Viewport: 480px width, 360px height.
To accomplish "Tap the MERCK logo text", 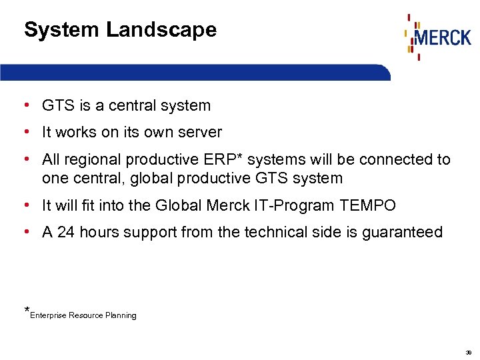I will coord(443,37).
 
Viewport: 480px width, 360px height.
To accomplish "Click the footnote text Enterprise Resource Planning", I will coord(83,315).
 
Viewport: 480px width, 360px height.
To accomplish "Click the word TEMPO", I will coord(367,206).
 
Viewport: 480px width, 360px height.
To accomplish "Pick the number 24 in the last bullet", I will coord(66,232).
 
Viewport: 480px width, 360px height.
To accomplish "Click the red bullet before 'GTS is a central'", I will coord(25,105).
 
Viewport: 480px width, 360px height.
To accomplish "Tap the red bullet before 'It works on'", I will coord(25,132).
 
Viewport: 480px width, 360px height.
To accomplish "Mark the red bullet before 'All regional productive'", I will coord(25,159).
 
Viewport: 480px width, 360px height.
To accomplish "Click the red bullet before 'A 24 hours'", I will coord(25,231).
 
